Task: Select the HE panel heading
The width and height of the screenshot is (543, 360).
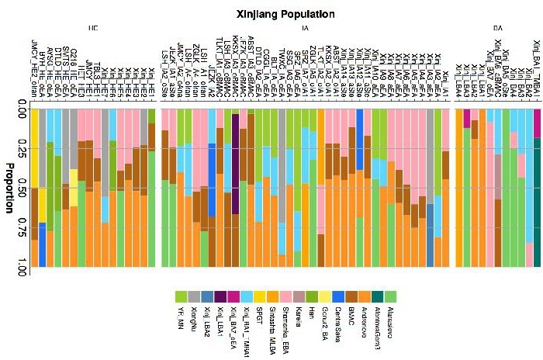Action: (x=93, y=29)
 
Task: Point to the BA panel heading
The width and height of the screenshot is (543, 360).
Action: (x=496, y=29)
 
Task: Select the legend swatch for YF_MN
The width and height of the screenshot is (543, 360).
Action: (x=180, y=296)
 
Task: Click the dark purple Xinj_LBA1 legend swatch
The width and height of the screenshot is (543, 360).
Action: (x=221, y=296)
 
